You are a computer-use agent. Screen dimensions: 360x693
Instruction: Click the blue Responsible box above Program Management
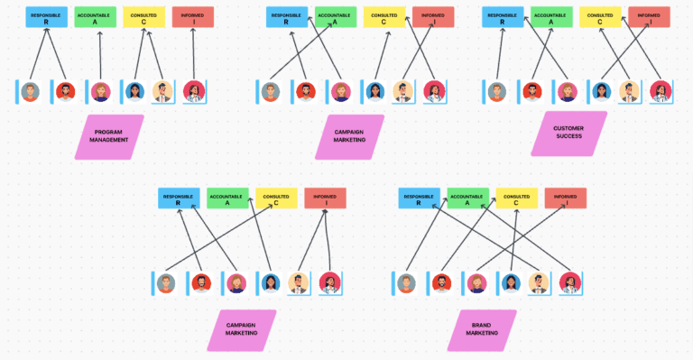click(46, 17)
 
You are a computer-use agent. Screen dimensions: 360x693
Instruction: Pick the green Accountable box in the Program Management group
click(95, 17)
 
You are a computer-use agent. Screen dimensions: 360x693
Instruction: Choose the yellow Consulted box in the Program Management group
click(143, 17)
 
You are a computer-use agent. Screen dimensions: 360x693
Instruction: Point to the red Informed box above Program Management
click(192, 17)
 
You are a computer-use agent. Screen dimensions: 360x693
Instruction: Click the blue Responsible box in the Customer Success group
click(503, 17)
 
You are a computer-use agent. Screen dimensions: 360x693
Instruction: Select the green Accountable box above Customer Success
click(551, 17)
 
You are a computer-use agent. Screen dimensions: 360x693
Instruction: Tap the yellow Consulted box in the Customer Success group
click(600, 17)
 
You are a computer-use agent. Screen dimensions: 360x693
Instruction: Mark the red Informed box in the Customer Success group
click(649, 17)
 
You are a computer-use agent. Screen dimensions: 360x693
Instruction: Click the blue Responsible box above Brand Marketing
click(419, 198)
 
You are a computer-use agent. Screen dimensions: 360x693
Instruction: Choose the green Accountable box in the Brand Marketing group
click(467, 198)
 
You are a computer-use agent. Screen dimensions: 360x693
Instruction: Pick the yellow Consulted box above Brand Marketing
click(516, 198)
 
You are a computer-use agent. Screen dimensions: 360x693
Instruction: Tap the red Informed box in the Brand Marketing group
click(565, 198)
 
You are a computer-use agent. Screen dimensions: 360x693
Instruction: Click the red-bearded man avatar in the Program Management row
click(66, 91)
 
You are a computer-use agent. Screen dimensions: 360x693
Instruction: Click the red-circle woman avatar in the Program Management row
click(194, 91)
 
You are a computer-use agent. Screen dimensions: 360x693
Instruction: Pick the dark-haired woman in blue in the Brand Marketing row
click(511, 283)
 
